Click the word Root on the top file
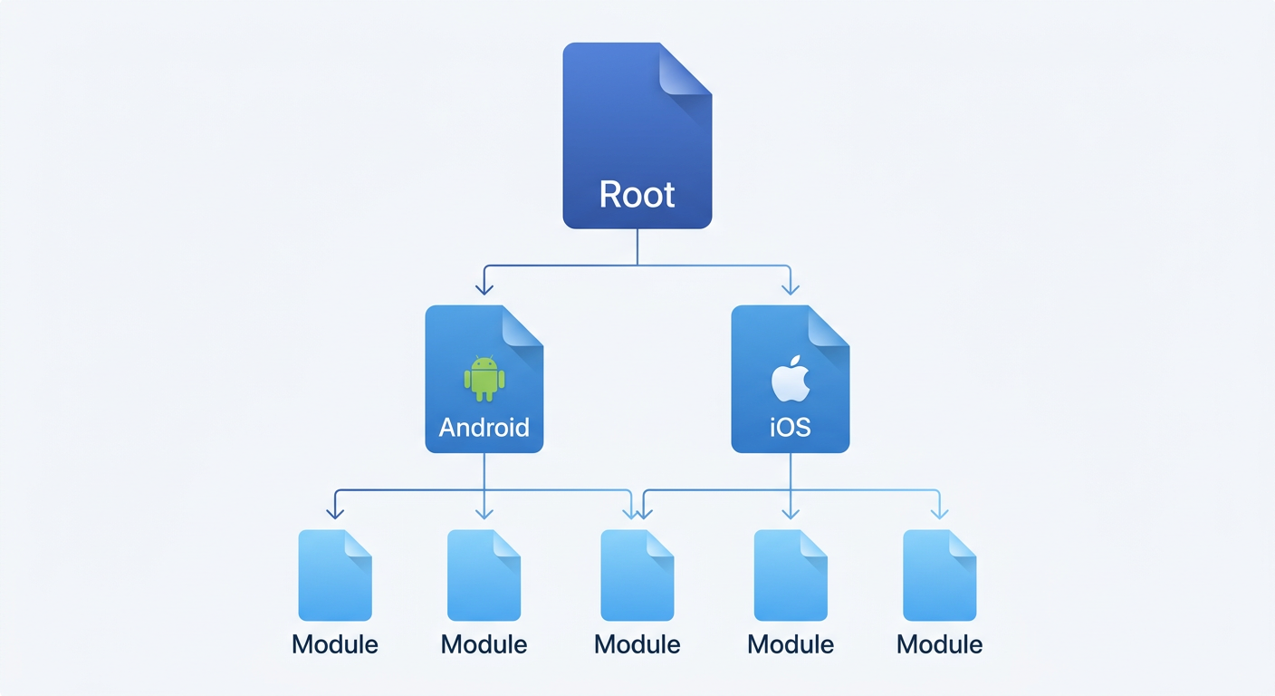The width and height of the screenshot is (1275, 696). [x=637, y=195]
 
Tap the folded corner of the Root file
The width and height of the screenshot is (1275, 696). [x=684, y=70]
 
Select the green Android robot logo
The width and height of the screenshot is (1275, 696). [x=484, y=378]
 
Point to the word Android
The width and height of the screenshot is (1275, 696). [x=484, y=427]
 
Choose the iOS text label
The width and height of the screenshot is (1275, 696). [x=790, y=427]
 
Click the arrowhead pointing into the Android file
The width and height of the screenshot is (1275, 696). [x=484, y=288]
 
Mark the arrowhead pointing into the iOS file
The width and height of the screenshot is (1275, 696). [x=790, y=288]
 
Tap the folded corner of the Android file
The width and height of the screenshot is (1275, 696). [x=521, y=326]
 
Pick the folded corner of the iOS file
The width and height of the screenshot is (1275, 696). [x=827, y=326]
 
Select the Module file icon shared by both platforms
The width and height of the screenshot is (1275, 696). [x=637, y=575]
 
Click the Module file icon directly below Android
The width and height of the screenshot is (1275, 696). [x=484, y=575]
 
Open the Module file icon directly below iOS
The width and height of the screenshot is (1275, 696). [x=791, y=575]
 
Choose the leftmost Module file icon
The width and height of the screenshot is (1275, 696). [x=335, y=575]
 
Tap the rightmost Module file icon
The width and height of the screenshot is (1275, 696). [x=940, y=575]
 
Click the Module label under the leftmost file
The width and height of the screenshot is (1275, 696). [x=335, y=644]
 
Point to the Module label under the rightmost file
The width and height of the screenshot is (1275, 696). [x=940, y=644]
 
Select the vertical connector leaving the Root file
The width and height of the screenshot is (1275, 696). [x=637, y=246]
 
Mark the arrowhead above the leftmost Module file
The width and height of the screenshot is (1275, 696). [x=335, y=513]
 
